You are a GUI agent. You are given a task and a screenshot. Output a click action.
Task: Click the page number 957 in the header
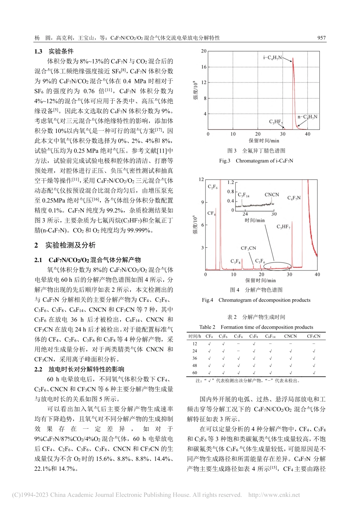tap(321, 38)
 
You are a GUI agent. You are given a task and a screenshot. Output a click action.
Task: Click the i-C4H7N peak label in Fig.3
tap(272, 58)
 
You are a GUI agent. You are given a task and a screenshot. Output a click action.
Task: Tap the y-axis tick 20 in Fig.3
tap(204, 51)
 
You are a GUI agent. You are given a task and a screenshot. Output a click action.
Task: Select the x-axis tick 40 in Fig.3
tap(307, 134)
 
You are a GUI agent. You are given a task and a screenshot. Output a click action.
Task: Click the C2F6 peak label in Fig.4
tap(212, 187)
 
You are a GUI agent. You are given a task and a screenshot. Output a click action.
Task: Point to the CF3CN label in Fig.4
tap(248, 248)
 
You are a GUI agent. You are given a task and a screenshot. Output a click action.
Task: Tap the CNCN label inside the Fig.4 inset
tap(271, 195)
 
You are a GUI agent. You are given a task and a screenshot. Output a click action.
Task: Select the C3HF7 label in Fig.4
tap(283, 226)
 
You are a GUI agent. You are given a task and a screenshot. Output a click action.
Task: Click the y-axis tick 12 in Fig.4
tap(201, 180)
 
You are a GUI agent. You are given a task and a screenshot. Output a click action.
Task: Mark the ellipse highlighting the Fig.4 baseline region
tap(277, 267)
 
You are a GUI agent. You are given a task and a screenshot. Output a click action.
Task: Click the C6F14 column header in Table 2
tap(270, 336)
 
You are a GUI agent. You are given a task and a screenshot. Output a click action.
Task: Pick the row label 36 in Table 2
tap(195, 358)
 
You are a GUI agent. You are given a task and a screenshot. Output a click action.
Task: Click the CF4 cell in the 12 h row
tap(209, 343)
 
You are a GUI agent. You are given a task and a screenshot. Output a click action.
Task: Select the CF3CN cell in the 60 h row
tap(313, 373)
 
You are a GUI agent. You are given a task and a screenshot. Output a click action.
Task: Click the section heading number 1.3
tap(38, 52)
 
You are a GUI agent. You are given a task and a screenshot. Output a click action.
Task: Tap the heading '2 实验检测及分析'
tap(65, 245)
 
